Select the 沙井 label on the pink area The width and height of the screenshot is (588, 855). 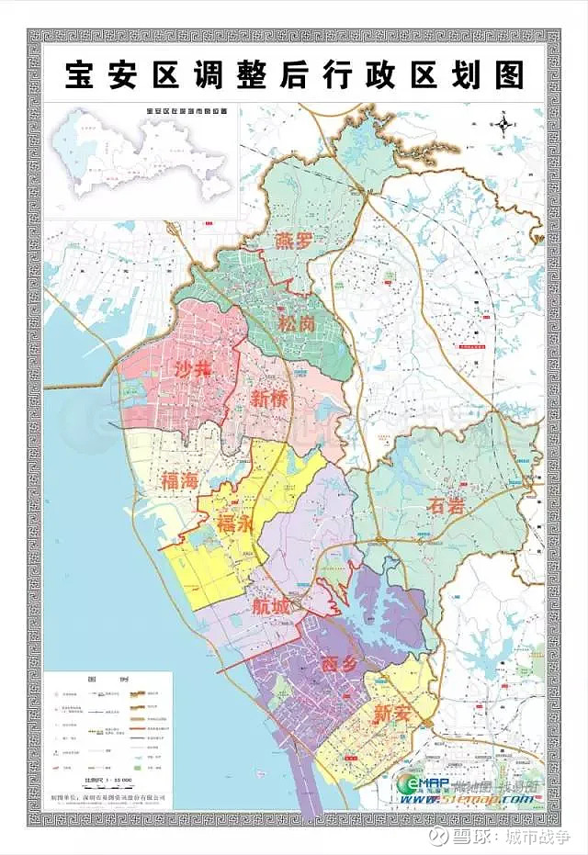click(194, 369)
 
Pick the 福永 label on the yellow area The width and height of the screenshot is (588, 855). click(235, 523)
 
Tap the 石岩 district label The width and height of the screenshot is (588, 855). click(447, 504)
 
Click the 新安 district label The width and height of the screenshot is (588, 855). click(392, 712)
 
